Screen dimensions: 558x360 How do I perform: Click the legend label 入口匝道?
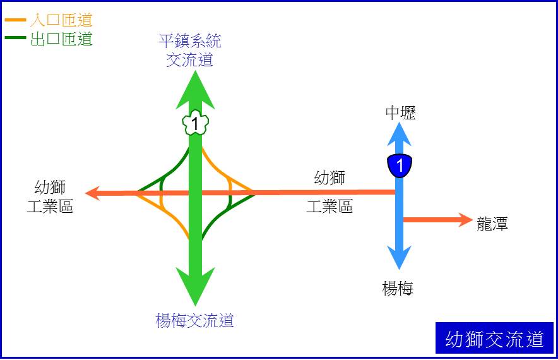pyautogui.click(x=61, y=20)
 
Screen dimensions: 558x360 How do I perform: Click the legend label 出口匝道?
pyautogui.click(x=61, y=39)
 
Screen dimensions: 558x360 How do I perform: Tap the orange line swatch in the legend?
pyautogui.click(x=15, y=20)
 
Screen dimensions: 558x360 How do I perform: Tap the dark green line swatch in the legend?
pyautogui.click(x=15, y=37)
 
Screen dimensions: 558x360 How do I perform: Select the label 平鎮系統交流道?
pyautogui.click(x=190, y=50)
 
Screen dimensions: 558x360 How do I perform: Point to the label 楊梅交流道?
pyautogui.click(x=194, y=320)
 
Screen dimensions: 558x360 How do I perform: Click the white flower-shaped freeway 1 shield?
pyautogui.click(x=195, y=122)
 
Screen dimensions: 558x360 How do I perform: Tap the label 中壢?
pyautogui.click(x=400, y=113)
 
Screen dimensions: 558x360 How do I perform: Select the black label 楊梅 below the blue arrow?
pyautogui.click(x=398, y=288)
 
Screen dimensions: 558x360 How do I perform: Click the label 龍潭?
pyautogui.click(x=492, y=224)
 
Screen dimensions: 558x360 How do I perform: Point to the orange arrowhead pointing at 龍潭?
pyautogui.click(x=465, y=220)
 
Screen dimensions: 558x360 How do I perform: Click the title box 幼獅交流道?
pyautogui.click(x=494, y=338)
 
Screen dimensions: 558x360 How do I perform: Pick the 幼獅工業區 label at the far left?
pyautogui.click(x=50, y=196)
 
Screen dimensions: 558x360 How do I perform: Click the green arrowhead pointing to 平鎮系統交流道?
pyautogui.click(x=195, y=90)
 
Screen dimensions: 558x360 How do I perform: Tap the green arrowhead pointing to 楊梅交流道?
pyautogui.click(x=195, y=287)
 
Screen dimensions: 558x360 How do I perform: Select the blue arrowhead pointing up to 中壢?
pyautogui.click(x=400, y=134)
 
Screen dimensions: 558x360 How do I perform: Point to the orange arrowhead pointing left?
pyautogui.click(x=93, y=193)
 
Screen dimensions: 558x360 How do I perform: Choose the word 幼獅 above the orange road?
pyautogui.click(x=329, y=177)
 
